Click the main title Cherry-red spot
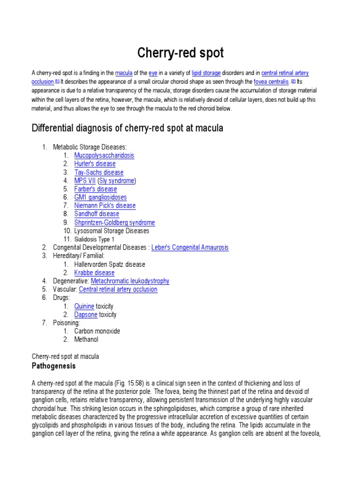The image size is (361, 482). coord(180,53)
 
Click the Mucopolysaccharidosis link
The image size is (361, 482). coord(104,155)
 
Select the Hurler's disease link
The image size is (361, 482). coord(94,164)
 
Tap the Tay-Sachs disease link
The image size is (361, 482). coord(99,172)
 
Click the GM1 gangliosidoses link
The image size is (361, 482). coord(100,197)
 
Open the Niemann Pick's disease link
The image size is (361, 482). coord(105,206)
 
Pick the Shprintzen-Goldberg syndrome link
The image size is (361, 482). coord(114,223)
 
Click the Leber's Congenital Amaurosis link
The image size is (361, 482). coord(190,248)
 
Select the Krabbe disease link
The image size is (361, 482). coord(94,273)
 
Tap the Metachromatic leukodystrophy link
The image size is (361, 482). coord(130,281)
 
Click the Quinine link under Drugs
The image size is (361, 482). coord(84,306)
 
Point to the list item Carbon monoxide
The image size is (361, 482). coord(97,331)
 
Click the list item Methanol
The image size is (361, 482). coord(86,339)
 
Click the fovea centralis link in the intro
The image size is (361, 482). coord(271,81)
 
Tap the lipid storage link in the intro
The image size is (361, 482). coord(206,73)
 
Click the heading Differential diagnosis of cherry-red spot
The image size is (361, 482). coord(127,128)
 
